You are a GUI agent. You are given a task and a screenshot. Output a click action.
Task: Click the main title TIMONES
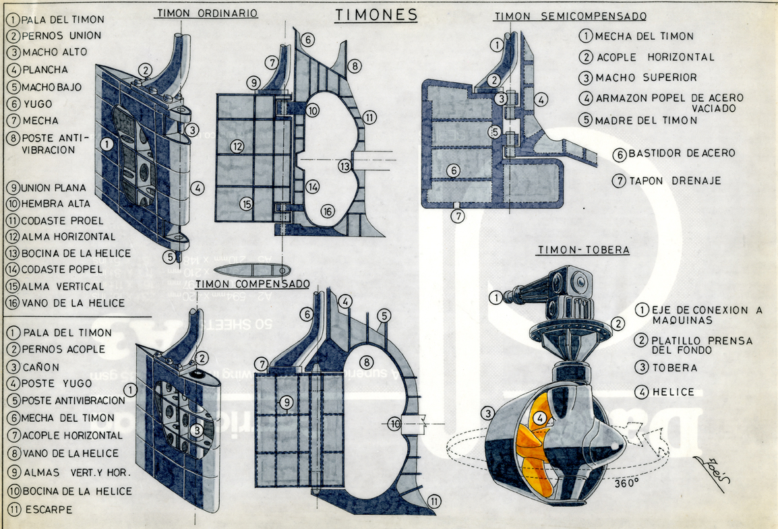[x=376, y=15]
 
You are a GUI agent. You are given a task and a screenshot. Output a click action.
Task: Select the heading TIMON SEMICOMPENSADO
[x=570, y=16]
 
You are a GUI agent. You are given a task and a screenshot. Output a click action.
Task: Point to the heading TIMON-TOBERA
[x=584, y=250]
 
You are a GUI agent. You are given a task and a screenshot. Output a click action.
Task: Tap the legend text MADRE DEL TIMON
[x=646, y=121]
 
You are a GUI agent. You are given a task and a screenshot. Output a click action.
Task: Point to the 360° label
[x=627, y=483]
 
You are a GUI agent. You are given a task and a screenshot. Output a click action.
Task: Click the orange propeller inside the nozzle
[x=536, y=438]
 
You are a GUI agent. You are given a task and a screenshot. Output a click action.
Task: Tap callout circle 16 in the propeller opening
[x=328, y=211]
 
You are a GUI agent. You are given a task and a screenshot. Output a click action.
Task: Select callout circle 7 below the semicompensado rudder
[x=458, y=216]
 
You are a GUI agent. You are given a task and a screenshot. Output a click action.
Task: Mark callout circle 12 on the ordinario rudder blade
[x=237, y=146]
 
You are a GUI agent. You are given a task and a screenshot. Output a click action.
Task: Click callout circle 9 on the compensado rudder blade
[x=287, y=403]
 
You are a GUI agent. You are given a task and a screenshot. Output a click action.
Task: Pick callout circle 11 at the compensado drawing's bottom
[x=435, y=501]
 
